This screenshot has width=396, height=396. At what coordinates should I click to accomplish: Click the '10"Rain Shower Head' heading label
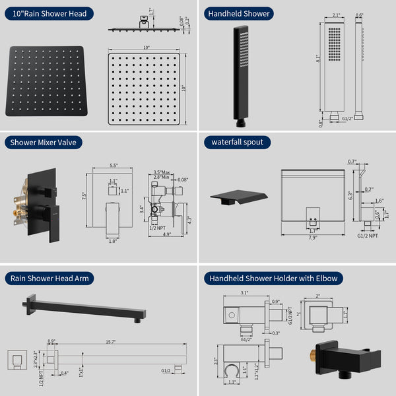click(x=48, y=13)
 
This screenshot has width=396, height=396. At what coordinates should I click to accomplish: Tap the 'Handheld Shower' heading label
click(x=240, y=13)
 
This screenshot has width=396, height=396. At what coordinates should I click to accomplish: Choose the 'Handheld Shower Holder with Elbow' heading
click(x=273, y=278)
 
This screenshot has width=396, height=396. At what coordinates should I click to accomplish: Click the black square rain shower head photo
click(x=47, y=81)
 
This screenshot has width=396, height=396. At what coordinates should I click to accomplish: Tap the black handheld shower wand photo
click(x=237, y=76)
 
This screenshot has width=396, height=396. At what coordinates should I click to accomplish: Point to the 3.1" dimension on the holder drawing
click(x=244, y=293)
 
